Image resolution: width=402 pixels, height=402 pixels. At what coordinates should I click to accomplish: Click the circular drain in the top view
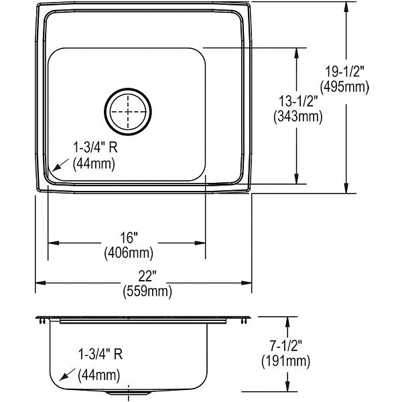tap(128, 111)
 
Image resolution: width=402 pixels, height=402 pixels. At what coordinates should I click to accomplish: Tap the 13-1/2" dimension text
tap(297, 102)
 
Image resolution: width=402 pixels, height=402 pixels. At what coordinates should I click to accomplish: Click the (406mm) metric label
tap(128, 253)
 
